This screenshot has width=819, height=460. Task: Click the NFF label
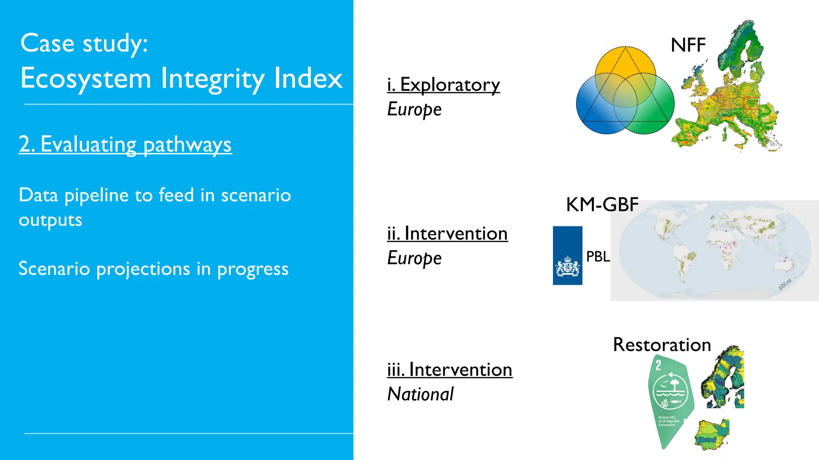click(x=688, y=45)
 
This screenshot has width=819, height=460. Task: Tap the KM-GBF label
click(x=602, y=205)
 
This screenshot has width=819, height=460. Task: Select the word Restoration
click(x=662, y=345)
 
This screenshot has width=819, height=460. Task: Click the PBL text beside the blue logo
click(x=598, y=256)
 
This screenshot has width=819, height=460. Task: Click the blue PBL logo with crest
click(x=567, y=256)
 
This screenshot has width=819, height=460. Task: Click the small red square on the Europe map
click(x=751, y=103)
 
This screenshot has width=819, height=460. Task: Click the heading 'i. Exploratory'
click(x=443, y=85)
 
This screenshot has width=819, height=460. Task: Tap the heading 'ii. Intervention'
click(x=447, y=234)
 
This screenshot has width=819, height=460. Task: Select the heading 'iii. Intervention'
click(x=449, y=370)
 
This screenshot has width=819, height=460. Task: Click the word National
click(x=420, y=394)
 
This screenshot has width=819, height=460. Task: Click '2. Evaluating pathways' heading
click(x=125, y=144)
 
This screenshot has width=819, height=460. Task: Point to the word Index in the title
click(x=308, y=78)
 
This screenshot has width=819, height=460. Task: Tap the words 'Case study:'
click(x=84, y=43)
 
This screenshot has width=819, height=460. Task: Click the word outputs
click(x=50, y=220)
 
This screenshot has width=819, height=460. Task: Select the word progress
click(x=253, y=269)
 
